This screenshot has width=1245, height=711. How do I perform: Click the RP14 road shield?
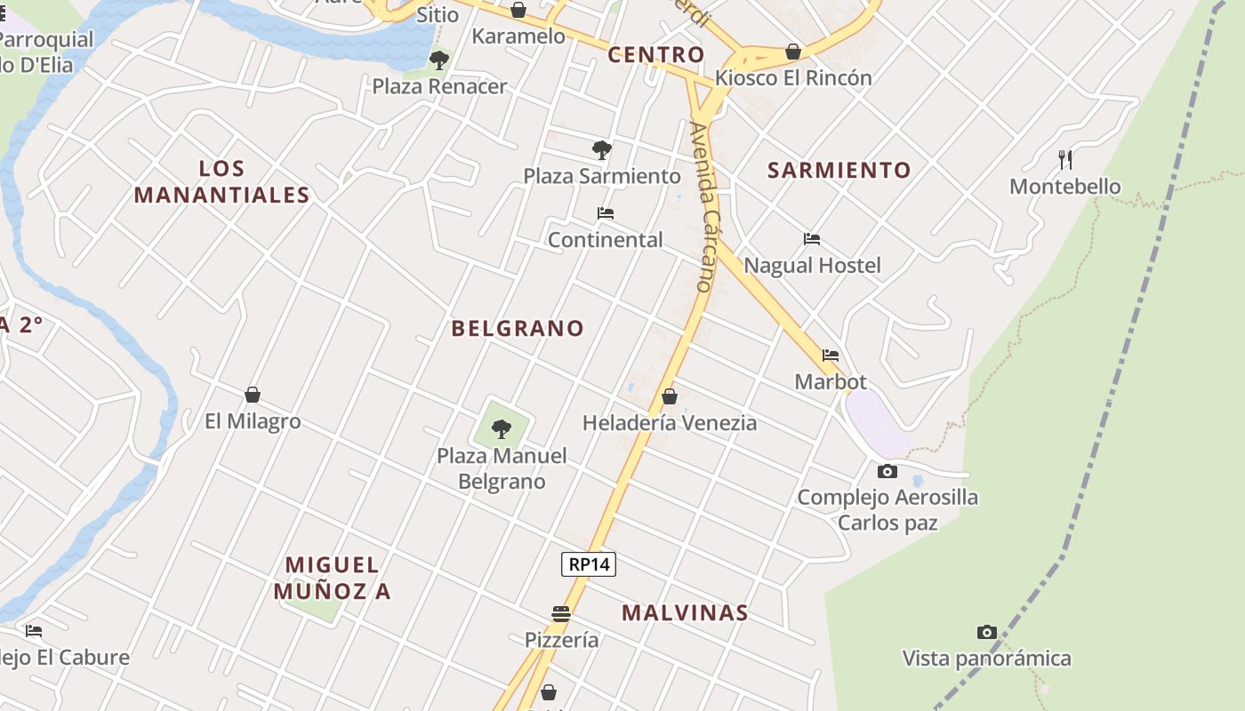589,564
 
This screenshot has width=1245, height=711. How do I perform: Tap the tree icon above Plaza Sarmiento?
602,149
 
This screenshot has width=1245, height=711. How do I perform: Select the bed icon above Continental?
606,213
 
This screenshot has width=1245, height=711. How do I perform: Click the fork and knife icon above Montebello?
1064,160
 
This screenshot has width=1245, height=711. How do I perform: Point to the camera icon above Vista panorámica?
986,632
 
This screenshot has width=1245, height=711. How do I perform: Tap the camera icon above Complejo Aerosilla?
887,471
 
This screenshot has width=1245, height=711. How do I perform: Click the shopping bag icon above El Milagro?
253,395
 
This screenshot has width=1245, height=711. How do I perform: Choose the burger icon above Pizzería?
560,613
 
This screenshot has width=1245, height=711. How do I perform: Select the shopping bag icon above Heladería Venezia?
669,396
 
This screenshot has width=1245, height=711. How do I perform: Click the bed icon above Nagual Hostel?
811,239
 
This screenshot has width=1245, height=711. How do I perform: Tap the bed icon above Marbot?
831,355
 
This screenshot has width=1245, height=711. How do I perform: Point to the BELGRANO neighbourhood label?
518,329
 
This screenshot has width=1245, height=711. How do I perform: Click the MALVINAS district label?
685,613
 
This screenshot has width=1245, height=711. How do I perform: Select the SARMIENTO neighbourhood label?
839,171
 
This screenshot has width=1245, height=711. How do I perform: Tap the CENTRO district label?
656,55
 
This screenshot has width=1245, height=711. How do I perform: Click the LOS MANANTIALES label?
221,182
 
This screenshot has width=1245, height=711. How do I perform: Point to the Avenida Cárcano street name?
702,207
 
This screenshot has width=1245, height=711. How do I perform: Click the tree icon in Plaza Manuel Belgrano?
502,428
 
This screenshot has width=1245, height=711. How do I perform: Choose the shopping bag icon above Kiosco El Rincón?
792,52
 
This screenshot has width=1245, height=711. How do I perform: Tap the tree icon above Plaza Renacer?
438,60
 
